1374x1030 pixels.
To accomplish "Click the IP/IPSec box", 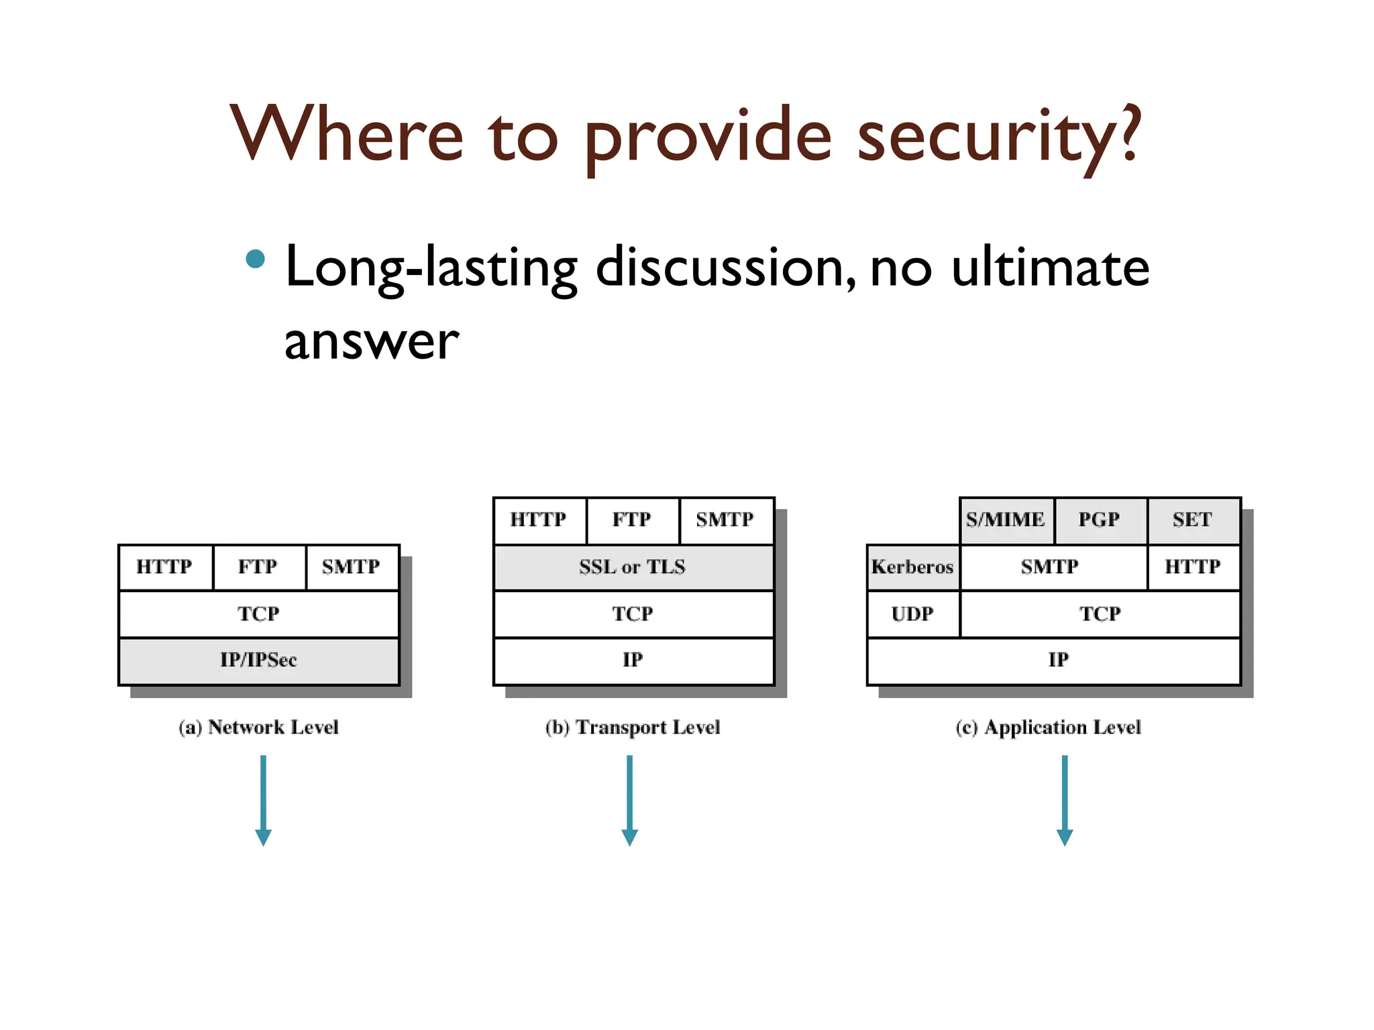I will (x=258, y=661).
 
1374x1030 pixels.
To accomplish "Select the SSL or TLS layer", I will (x=633, y=567).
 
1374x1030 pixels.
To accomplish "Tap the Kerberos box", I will (x=912, y=567).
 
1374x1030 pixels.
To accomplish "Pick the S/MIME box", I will (x=1006, y=520).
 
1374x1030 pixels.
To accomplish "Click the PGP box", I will (x=1100, y=520).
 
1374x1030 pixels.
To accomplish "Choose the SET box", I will (x=1193, y=520).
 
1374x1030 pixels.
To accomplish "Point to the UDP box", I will (x=912, y=614).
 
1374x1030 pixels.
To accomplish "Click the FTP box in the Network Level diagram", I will (x=258, y=567).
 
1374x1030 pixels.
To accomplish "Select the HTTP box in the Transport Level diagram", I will (x=539, y=520).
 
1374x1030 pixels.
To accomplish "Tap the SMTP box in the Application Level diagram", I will (x=1052, y=567).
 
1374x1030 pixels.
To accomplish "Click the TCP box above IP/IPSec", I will (x=258, y=614).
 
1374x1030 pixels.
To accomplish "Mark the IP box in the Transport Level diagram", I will (x=633, y=661).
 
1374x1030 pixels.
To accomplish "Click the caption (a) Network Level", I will (x=259, y=728).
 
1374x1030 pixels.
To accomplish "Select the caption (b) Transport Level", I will (x=633, y=728).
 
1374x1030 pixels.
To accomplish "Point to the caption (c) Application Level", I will (x=1049, y=728).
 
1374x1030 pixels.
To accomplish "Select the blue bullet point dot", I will (x=255, y=259).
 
